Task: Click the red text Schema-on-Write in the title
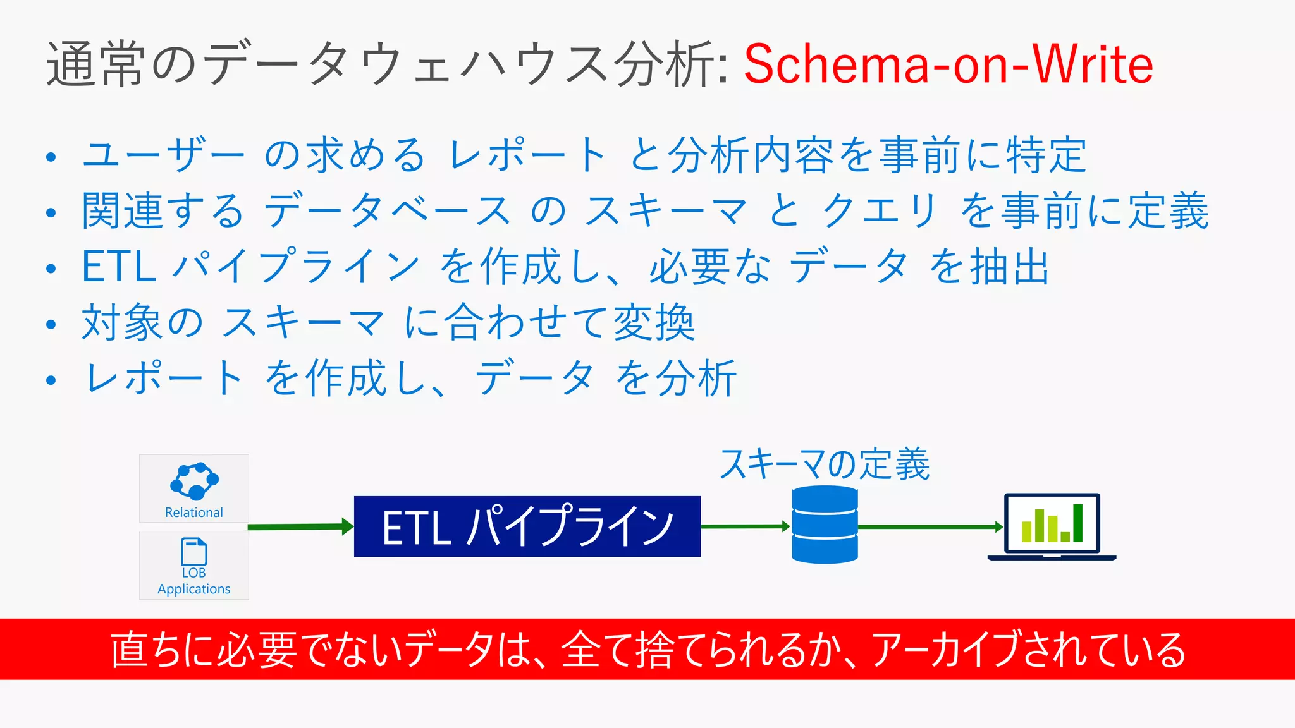click(948, 64)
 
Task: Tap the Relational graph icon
click(194, 482)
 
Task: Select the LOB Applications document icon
click(193, 552)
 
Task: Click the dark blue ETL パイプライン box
click(527, 526)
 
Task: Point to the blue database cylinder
click(825, 525)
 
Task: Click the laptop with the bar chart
click(1052, 526)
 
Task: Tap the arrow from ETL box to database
click(746, 526)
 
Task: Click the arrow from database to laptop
click(930, 526)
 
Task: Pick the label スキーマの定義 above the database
click(825, 464)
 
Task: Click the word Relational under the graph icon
click(193, 513)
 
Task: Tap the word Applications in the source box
click(193, 589)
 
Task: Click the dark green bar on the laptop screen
click(1077, 523)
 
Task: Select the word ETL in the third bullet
click(119, 267)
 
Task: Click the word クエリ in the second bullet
click(879, 210)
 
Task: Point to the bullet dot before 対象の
click(51, 324)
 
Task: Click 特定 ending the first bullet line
click(1046, 155)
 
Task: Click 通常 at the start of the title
click(95, 64)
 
